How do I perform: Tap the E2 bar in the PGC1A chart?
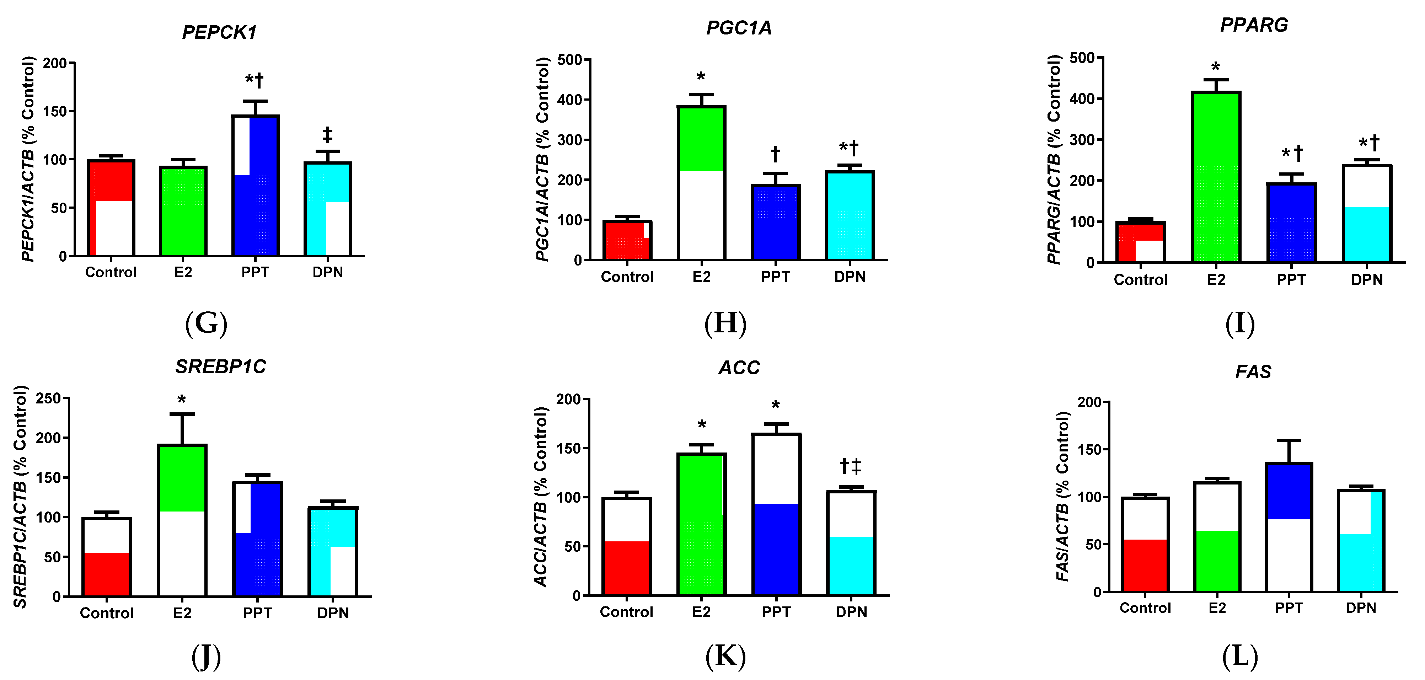701,183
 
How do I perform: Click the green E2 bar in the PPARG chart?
1216,177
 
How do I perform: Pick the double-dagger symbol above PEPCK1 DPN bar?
327,134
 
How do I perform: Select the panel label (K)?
725,657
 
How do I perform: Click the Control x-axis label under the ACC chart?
626,612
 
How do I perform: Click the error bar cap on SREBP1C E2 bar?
182,414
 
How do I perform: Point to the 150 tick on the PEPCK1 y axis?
55,111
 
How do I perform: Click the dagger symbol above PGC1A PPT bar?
775,153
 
